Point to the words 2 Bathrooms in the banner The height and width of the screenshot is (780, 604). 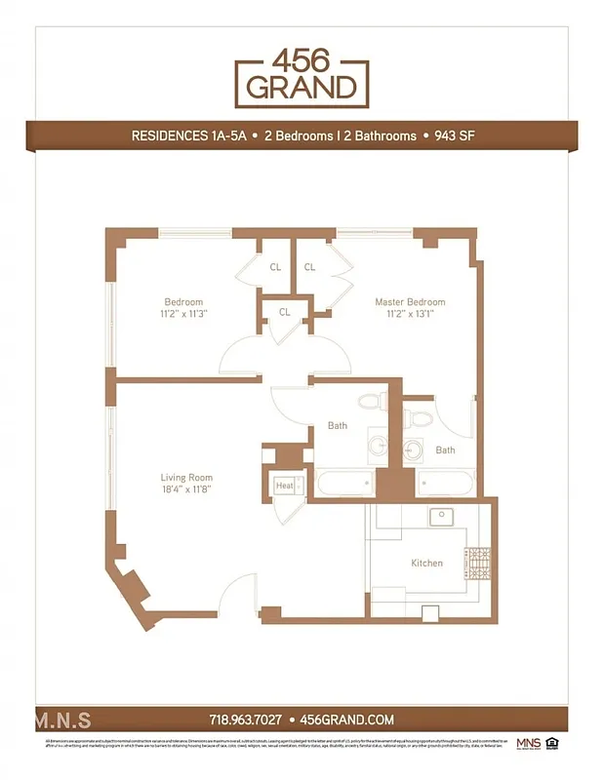tap(380, 136)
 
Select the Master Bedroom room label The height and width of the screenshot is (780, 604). tap(410, 302)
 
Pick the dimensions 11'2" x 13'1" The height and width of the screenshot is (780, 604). tap(410, 314)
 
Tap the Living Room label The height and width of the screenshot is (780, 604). tap(186, 478)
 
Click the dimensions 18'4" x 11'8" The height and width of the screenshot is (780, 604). tap(186, 489)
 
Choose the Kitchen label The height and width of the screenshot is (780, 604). tap(426, 563)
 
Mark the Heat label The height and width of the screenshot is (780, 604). tap(284, 486)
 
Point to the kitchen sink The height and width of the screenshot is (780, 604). tap(441, 516)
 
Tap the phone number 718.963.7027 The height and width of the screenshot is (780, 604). tap(246, 720)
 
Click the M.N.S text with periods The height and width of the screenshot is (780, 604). tap(63, 721)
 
